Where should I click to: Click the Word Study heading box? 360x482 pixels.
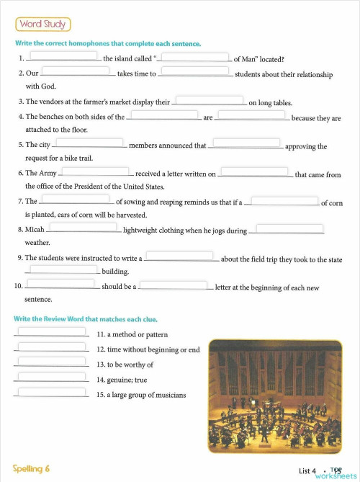tap(43, 24)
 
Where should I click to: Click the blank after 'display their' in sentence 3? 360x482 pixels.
tap(210, 100)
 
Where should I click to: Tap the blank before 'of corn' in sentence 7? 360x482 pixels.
tap(284, 200)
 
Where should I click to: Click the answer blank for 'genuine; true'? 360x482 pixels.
tap(51, 377)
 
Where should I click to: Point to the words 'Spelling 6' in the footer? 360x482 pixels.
tap(31, 468)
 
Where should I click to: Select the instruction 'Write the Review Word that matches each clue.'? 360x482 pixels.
tap(86, 318)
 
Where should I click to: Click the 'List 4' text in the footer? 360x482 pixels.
tap(307, 471)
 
